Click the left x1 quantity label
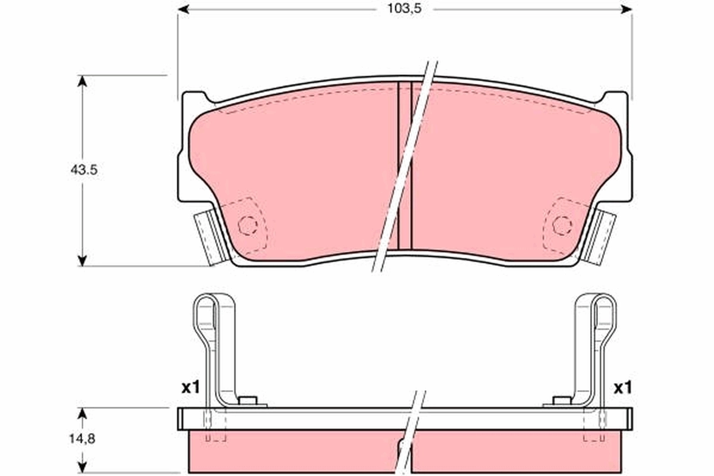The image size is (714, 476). [189, 389]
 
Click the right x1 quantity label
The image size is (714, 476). [622, 389]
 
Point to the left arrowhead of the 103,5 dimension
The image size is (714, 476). [183, 9]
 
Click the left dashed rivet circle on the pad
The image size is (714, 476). [247, 225]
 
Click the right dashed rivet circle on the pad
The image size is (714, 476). [562, 225]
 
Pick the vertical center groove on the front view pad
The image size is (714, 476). [404, 167]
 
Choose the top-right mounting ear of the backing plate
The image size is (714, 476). [615, 102]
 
